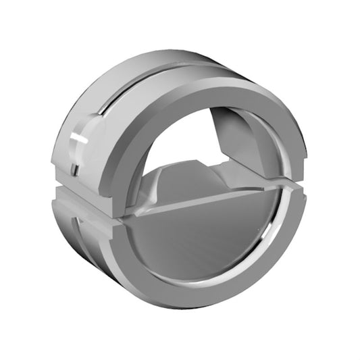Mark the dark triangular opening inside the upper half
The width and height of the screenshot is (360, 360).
(226, 132)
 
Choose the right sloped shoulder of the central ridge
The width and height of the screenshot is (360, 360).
(223, 169)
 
